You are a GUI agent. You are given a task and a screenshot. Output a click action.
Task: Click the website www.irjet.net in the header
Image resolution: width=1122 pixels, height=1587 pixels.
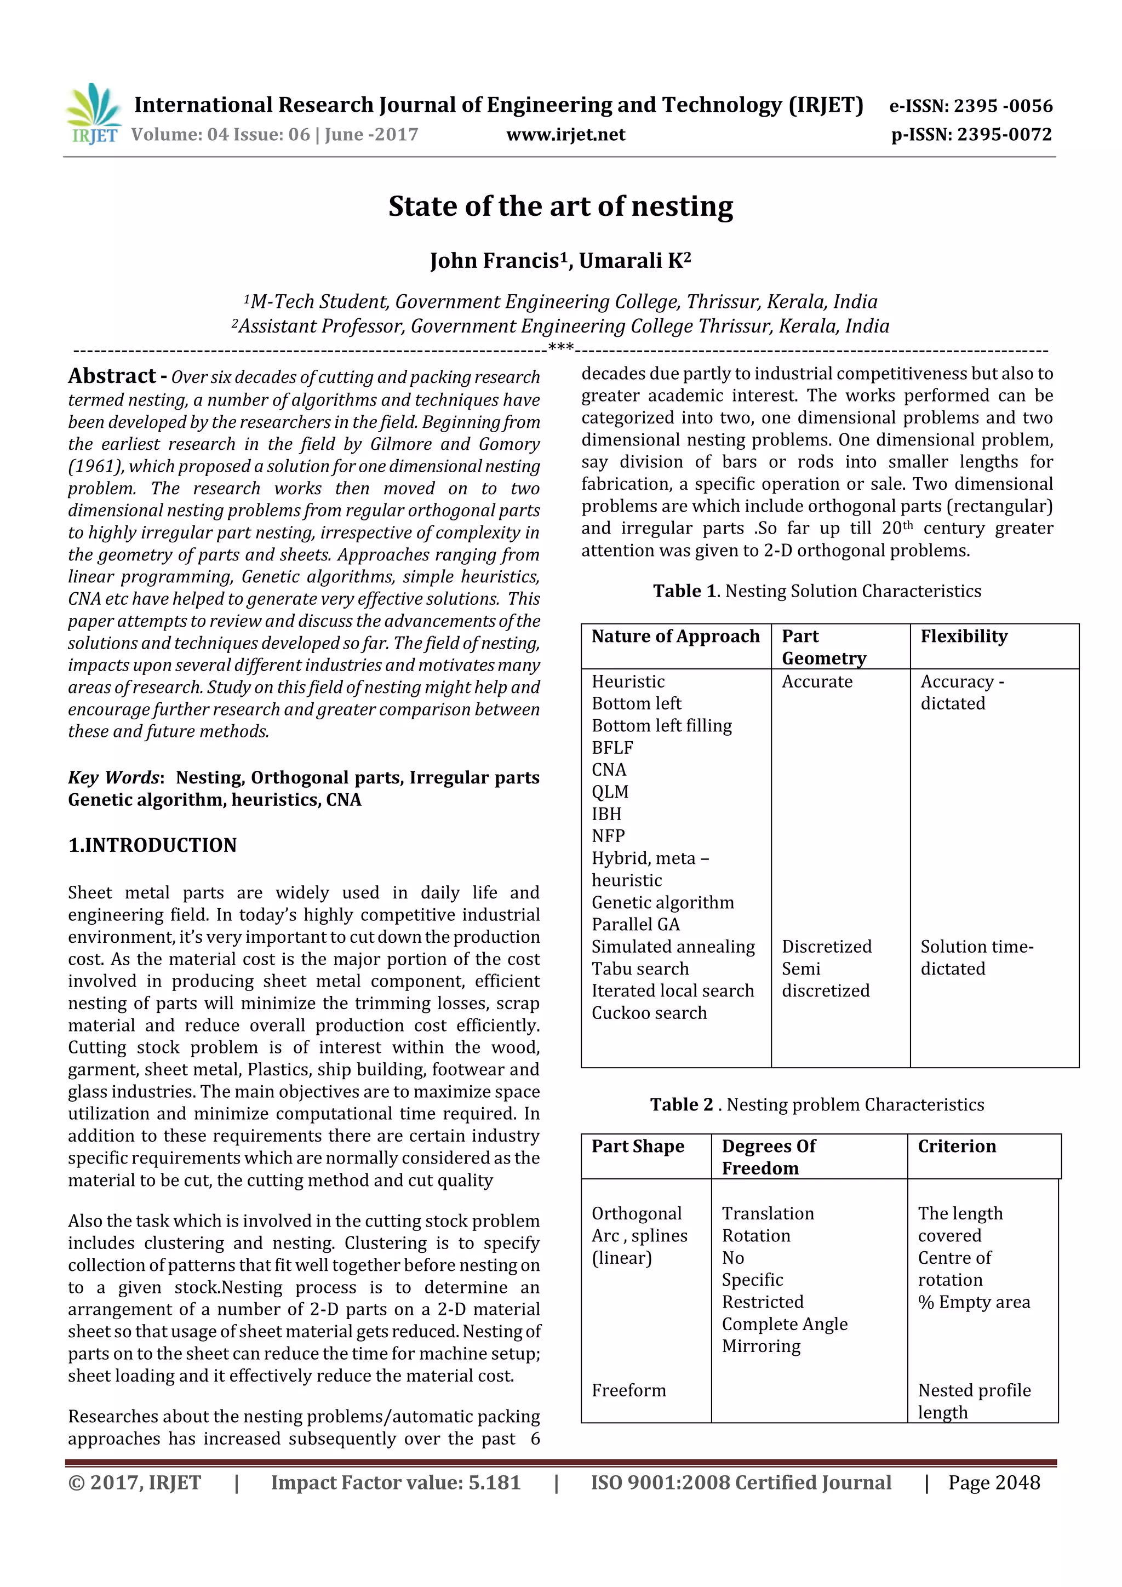point(565,135)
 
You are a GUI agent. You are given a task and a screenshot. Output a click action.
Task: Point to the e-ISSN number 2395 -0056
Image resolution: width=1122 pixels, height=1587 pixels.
point(1003,106)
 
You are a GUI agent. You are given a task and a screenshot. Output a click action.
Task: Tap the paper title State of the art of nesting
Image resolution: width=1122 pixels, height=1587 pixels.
point(560,207)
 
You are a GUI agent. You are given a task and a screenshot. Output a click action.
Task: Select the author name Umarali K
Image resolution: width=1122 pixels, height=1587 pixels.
point(634,261)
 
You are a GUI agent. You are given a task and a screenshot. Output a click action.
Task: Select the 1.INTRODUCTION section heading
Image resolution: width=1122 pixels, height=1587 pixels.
point(152,845)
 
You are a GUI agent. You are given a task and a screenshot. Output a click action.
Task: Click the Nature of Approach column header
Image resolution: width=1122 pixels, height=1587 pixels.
point(676,636)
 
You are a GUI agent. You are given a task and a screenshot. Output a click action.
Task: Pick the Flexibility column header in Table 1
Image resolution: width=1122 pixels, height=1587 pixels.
point(964,636)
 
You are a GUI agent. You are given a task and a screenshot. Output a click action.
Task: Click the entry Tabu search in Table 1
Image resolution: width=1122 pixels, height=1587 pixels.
point(640,969)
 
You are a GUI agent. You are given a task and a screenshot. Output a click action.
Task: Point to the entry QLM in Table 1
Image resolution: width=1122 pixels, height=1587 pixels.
point(610,792)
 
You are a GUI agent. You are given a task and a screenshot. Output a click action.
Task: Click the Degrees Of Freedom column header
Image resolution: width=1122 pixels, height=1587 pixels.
point(769,1157)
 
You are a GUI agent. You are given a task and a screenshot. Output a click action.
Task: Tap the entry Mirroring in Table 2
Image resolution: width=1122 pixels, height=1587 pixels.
point(761,1346)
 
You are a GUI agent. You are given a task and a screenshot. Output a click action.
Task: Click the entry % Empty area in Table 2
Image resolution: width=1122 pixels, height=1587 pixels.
point(974,1302)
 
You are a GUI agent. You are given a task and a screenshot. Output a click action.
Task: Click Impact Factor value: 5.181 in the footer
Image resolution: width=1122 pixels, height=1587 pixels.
point(396,1482)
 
